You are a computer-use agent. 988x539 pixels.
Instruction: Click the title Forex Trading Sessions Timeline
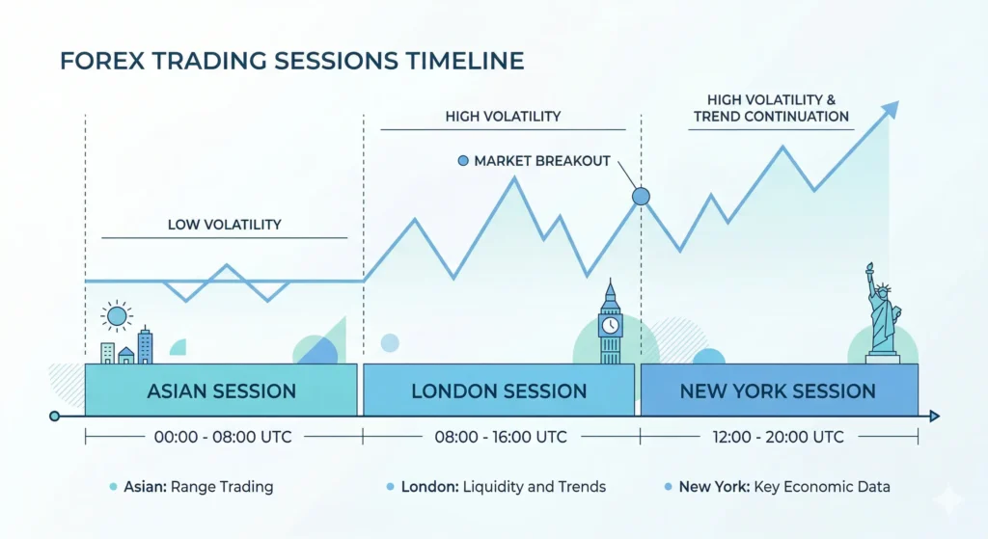tap(291, 62)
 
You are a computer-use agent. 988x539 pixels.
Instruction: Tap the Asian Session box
tap(221, 391)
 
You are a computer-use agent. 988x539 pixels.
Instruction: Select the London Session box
tap(499, 391)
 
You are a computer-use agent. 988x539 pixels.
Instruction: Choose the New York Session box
tap(778, 391)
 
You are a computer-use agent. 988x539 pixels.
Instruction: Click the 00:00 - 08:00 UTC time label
tap(223, 437)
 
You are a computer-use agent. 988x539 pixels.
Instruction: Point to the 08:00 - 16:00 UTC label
tap(500, 437)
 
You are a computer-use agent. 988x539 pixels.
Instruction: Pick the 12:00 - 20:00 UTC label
tap(777, 437)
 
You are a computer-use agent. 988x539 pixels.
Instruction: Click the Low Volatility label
tap(224, 225)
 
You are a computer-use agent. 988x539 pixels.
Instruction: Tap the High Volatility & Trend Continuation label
tap(778, 108)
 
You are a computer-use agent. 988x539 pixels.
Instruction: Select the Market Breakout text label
tap(542, 161)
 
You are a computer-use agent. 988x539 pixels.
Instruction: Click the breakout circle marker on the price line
tap(641, 197)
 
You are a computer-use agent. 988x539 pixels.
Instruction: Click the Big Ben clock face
tap(610, 325)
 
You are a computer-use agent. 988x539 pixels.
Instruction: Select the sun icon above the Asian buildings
tap(117, 314)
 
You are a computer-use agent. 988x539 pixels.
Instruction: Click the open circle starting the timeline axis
tap(54, 417)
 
